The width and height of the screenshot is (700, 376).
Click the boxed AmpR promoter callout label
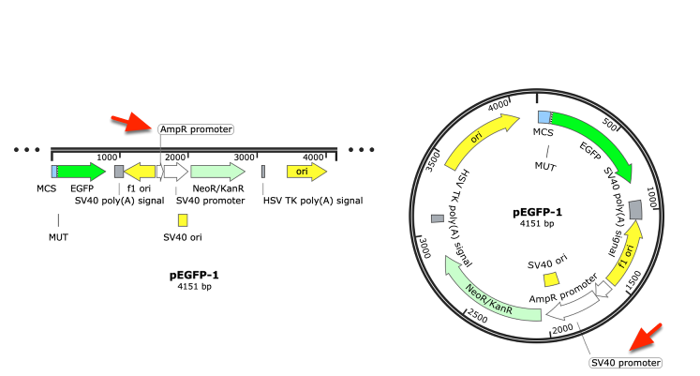tap(196, 129)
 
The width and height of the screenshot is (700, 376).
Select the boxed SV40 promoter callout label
tap(625, 363)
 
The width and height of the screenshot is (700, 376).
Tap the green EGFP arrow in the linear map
tap(82, 172)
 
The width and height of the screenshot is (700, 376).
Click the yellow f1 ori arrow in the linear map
tap(140, 172)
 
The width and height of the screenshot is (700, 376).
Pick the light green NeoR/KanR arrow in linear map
tap(217, 172)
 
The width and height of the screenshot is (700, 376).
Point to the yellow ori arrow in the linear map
tap(306, 172)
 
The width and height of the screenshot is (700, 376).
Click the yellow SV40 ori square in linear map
tap(183, 220)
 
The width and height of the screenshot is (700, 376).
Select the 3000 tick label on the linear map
tap(245, 158)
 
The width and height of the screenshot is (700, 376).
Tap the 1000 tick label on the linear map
tap(107, 158)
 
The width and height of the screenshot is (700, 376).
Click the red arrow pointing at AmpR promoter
tap(132, 122)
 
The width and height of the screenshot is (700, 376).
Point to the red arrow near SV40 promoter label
tap(645, 338)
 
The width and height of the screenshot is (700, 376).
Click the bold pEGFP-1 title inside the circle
tap(537, 212)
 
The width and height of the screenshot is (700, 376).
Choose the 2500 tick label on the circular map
tap(477, 316)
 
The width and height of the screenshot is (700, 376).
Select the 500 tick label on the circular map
tap(609, 124)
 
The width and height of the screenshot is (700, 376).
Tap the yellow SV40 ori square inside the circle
tap(551, 279)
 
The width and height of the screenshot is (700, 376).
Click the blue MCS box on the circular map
tap(544, 117)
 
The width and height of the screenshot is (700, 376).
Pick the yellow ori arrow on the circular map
tap(480, 140)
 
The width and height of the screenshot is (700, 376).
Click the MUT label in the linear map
tap(58, 237)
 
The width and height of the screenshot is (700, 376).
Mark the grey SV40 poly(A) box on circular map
tap(635, 210)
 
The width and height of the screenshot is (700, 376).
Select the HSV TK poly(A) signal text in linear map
tap(313, 201)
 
